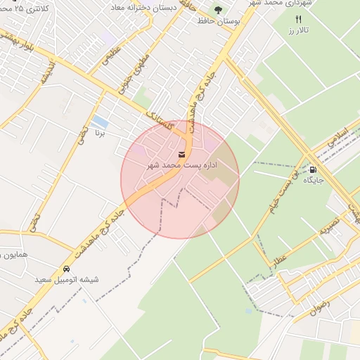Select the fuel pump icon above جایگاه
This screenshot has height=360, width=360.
coord(312,169)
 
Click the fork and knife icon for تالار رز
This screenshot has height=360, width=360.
coord(299,20)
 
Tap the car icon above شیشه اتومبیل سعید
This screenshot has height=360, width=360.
coord(67,269)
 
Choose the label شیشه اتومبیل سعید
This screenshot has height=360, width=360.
coord(67,279)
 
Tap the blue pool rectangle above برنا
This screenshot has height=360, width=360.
coord(100,121)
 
